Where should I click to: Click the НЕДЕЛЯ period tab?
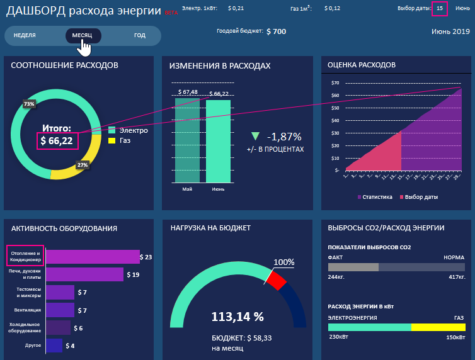(25, 36)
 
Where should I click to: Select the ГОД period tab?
(140, 36)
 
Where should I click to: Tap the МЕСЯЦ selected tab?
(82, 36)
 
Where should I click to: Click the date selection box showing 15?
(440, 8)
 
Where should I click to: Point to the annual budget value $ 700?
(277, 31)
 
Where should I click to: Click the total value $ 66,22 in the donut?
(57, 141)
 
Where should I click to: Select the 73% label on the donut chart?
(29, 104)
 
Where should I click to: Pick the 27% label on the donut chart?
(82, 166)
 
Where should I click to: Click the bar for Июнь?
(219, 141)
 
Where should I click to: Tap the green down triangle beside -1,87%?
(255, 137)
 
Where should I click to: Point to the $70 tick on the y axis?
(335, 83)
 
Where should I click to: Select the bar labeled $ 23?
(93, 257)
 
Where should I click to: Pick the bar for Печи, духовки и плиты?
(84, 274)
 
